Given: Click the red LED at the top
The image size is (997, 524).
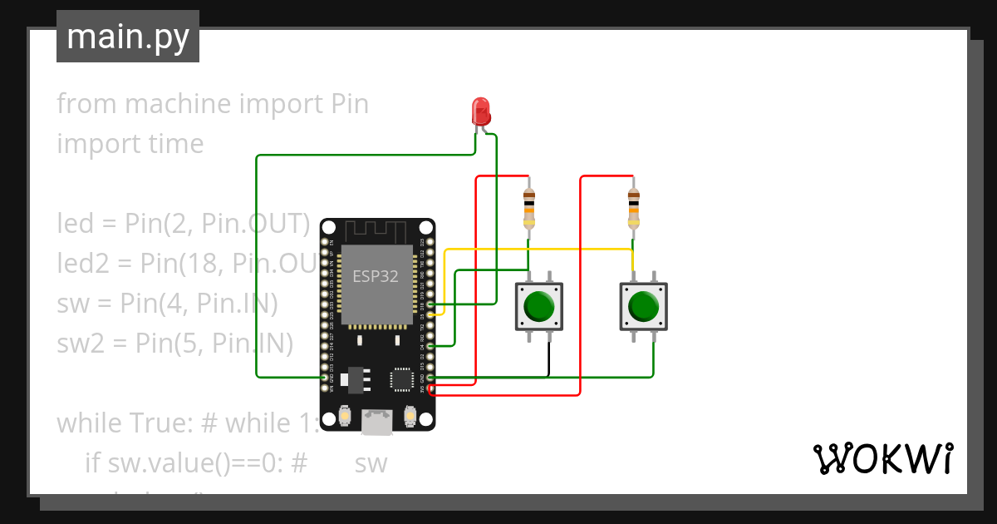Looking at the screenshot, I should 480,111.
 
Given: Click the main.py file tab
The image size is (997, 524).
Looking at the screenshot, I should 127,37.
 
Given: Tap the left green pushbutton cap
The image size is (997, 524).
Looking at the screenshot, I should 540,306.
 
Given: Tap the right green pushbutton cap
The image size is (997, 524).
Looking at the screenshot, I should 644,306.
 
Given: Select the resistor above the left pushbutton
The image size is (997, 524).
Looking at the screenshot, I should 528,208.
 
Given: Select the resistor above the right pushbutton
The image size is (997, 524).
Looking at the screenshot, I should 633,208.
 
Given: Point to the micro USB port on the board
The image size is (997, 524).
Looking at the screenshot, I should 377,423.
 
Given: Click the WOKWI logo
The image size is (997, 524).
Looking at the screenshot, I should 882,458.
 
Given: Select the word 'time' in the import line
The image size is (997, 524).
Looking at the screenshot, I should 171,144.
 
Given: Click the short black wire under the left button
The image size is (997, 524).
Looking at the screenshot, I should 548,359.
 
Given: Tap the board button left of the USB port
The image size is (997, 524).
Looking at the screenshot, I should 346,415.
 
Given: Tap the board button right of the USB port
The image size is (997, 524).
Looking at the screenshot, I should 409,415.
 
